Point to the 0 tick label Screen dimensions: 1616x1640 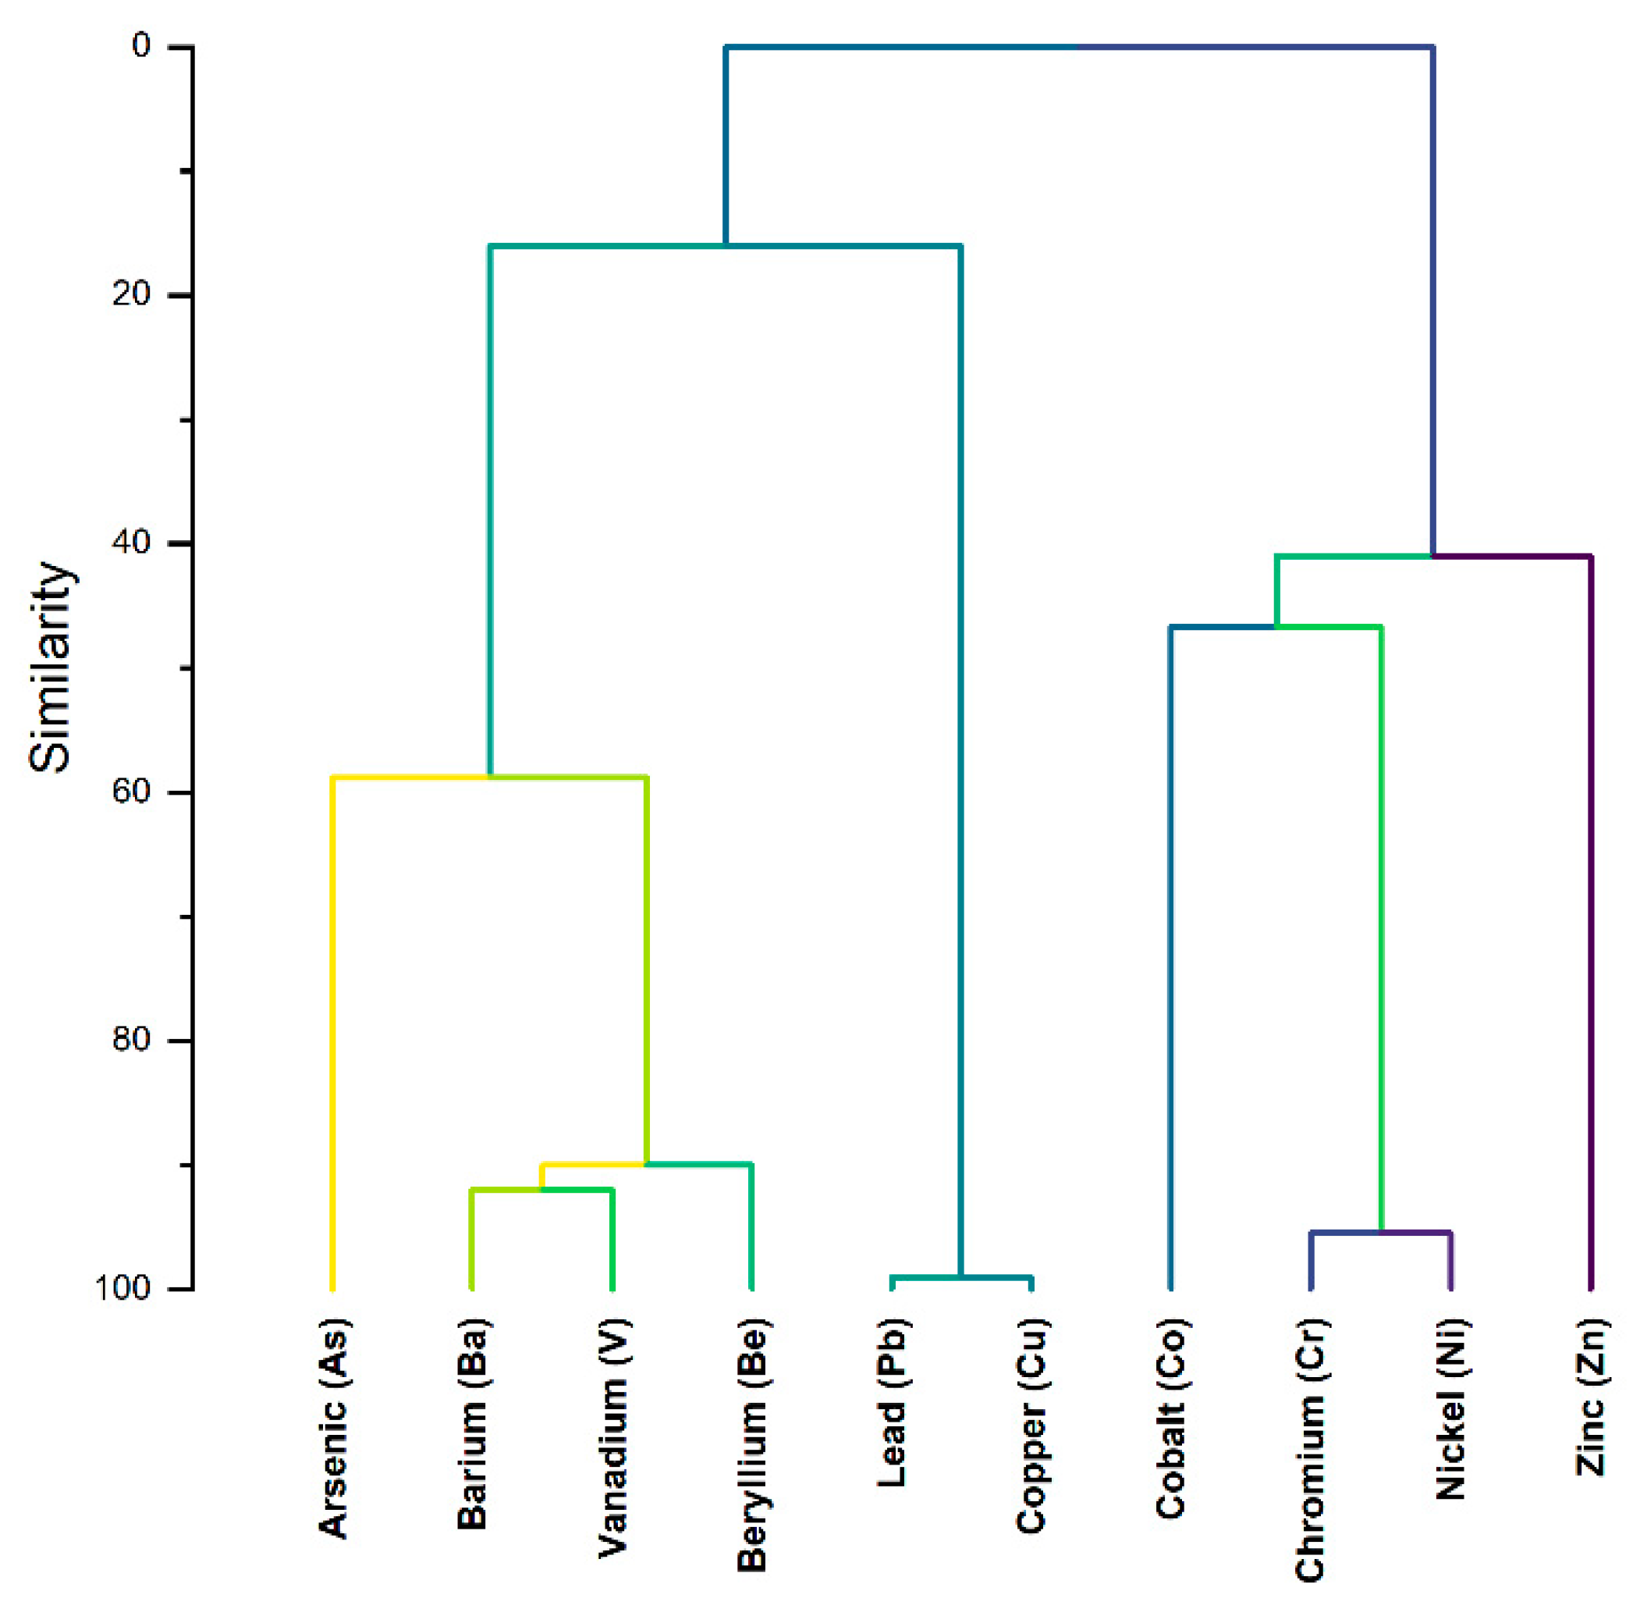[141, 46]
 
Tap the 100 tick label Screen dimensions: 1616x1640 [122, 1287]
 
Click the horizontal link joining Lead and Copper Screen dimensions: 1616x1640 [961, 1276]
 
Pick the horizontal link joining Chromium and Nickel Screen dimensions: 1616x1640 [1380, 1232]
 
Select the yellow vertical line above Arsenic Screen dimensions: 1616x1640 [332, 1019]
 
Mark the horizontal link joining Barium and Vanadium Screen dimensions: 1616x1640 [542, 1191]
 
